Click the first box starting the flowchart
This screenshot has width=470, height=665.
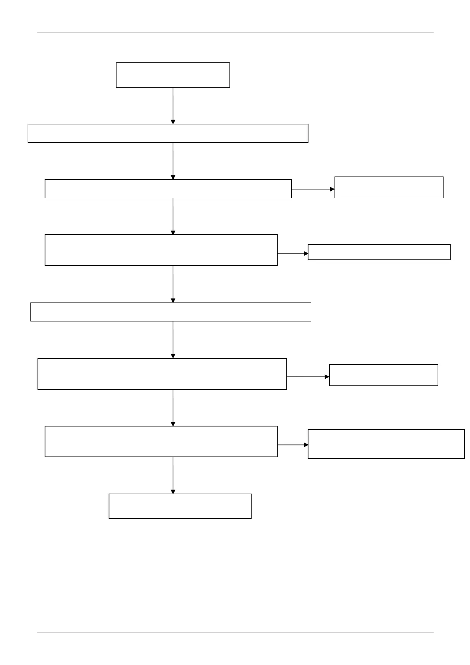coord(173,75)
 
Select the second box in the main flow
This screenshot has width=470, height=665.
coord(167,133)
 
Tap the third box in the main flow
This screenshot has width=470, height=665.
coord(168,189)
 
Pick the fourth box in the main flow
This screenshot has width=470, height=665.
coord(161,250)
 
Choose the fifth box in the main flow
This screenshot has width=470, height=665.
coord(171,312)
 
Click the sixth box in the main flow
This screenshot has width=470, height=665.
coord(162,374)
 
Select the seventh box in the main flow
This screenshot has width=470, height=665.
coord(161,441)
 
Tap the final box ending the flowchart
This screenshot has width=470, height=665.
coord(180,506)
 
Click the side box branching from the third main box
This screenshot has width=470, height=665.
coord(389,187)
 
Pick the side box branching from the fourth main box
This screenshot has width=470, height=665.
coord(379,252)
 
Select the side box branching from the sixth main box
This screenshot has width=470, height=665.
coord(383,375)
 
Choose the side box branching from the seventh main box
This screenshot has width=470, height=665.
coord(386,444)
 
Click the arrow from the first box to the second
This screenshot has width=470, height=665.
coord(173,105)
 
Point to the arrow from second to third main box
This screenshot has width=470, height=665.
coord(173,161)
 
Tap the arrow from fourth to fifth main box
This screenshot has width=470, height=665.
coord(173,284)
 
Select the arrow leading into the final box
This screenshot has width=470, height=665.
coord(173,475)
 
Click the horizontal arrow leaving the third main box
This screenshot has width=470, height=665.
coord(313,189)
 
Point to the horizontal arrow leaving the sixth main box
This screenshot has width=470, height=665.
coord(308,377)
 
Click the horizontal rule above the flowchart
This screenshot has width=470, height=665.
coord(235,32)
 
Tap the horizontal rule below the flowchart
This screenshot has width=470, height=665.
coord(235,633)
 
